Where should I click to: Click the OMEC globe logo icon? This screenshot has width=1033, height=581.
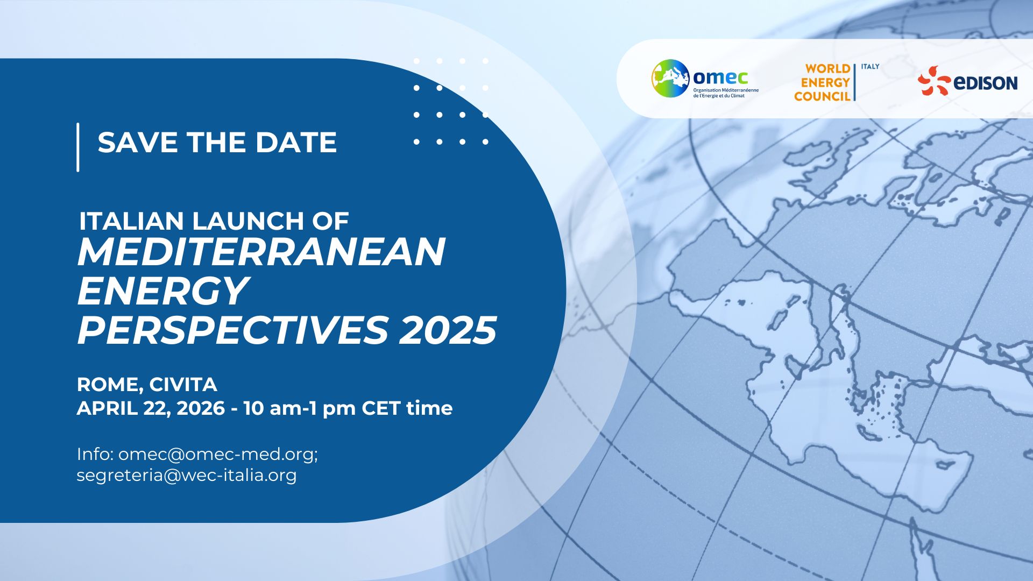(x=670, y=78)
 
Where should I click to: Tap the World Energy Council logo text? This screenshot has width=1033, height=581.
(x=823, y=82)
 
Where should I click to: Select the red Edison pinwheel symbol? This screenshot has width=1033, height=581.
(x=933, y=81)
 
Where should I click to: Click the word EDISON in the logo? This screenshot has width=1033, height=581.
(x=985, y=82)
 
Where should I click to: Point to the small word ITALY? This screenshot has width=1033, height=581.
(x=870, y=66)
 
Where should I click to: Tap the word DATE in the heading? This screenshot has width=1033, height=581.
(x=296, y=142)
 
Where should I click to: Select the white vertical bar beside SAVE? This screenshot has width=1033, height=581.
(x=78, y=147)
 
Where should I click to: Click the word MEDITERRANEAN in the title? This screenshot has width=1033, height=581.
(x=261, y=251)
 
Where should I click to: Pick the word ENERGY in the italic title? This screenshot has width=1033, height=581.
(x=163, y=291)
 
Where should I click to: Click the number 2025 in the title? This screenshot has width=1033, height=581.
(x=448, y=330)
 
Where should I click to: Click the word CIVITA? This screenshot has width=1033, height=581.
(x=183, y=385)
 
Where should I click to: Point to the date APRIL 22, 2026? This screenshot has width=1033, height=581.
(x=151, y=408)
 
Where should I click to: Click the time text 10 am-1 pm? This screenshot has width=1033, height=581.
(x=300, y=408)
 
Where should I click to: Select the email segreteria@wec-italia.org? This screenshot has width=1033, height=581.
(x=187, y=476)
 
